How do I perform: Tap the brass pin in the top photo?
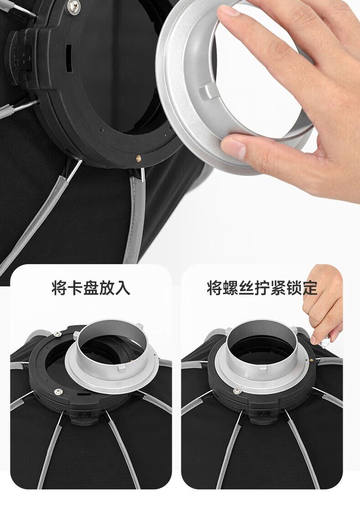[139, 157]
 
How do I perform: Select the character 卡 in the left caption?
[76, 288]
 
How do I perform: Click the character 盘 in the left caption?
[91, 288]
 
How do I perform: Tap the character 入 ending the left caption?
[123, 288]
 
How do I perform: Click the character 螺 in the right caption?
[231, 288]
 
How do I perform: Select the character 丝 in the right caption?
[247, 288]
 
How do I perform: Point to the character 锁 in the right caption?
[293, 288]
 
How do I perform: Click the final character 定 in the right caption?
[309, 288]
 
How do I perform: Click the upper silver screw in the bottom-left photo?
[57, 334]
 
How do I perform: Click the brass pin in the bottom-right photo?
[311, 360]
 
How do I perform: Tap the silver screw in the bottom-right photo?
[237, 391]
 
